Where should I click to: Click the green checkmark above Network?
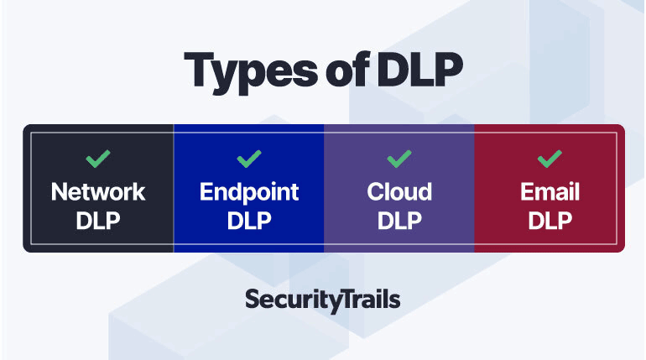[98, 159]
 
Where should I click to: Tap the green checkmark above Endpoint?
[249, 159]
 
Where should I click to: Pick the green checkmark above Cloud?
[399, 159]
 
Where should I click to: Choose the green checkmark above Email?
[550, 159]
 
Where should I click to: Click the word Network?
[98, 192]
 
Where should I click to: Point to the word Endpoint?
[249, 192]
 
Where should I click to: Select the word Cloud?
[399, 192]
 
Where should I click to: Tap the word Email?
[550, 192]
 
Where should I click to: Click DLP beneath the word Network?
[98, 221]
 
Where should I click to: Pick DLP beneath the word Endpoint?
[249, 221]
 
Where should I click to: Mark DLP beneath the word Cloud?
[399, 221]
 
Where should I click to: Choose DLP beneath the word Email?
[550, 221]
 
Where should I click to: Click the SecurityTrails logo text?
[323, 300]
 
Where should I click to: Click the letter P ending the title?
[449, 69]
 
